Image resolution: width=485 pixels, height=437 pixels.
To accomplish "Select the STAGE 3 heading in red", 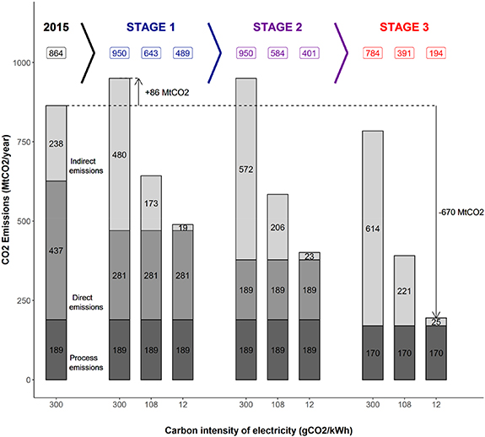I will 403,28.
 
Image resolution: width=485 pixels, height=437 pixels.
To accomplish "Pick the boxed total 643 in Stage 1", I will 152,54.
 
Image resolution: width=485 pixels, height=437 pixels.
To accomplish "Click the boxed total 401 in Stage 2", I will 309,54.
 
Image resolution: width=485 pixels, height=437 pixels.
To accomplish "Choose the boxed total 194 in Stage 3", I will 437,54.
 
